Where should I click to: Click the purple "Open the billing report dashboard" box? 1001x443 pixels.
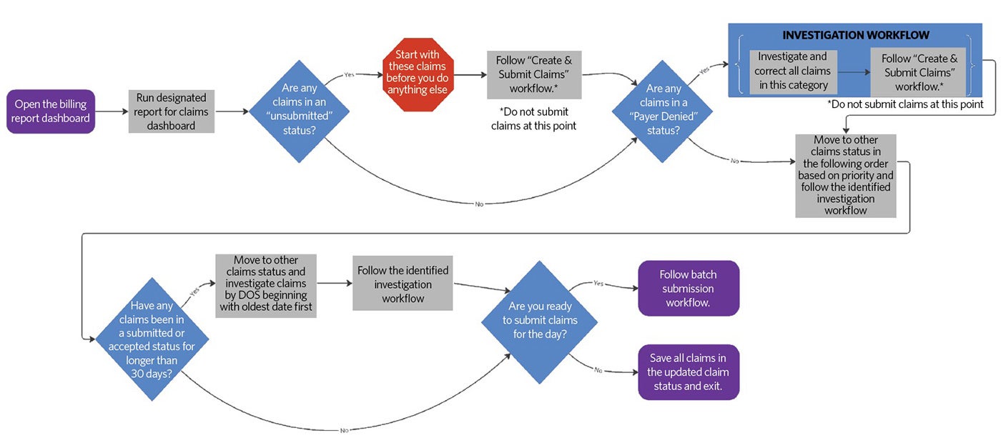point(51,111)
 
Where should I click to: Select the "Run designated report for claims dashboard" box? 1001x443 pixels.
point(171,111)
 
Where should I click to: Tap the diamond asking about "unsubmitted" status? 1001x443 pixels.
point(300,111)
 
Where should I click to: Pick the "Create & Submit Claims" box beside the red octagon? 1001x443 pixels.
point(534,74)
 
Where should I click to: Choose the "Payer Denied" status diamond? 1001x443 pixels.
point(664,111)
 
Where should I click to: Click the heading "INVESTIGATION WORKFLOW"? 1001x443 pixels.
point(855,35)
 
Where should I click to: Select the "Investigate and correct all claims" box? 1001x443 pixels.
point(792,71)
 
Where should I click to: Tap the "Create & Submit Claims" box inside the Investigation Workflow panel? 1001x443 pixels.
point(918,72)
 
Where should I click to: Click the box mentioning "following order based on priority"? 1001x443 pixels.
point(846,176)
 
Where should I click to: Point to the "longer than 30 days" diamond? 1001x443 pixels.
point(152,339)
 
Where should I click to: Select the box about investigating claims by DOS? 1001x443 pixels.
point(266,285)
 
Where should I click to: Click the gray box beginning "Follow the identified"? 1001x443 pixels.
point(403,284)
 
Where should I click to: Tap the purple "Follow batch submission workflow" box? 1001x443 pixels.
point(689,289)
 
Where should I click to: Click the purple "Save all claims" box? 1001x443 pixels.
point(689,372)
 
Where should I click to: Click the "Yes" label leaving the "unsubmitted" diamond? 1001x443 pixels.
point(348,74)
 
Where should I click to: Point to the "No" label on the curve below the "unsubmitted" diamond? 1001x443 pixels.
point(479,204)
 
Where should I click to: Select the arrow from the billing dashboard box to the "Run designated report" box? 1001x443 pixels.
point(112,111)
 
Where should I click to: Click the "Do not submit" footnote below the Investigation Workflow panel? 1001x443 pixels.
point(905,104)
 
